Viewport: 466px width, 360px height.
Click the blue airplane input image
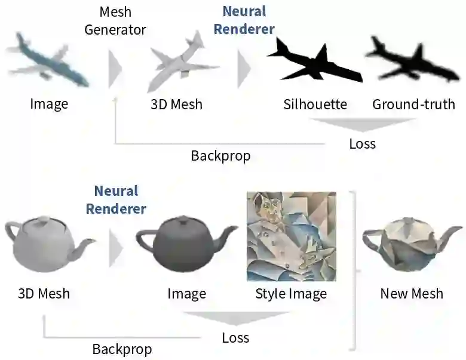click(x=48, y=60)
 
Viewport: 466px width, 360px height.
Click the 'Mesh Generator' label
click(x=115, y=20)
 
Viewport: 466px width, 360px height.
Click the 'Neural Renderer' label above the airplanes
click(x=244, y=20)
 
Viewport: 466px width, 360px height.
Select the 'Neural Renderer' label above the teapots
click(x=116, y=200)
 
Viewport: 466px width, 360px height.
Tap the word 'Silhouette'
click(x=315, y=104)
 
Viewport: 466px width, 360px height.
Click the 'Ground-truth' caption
click(x=413, y=104)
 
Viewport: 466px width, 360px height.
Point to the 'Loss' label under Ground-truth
click(x=362, y=144)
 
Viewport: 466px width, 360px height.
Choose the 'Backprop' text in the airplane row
click(x=220, y=156)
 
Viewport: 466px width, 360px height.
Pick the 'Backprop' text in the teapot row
click(x=122, y=349)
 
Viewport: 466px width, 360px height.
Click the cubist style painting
click(x=291, y=236)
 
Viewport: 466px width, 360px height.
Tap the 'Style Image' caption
click(x=291, y=294)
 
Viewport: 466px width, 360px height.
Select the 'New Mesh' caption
click(x=412, y=293)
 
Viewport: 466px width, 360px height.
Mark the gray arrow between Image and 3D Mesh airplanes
click(x=114, y=67)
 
